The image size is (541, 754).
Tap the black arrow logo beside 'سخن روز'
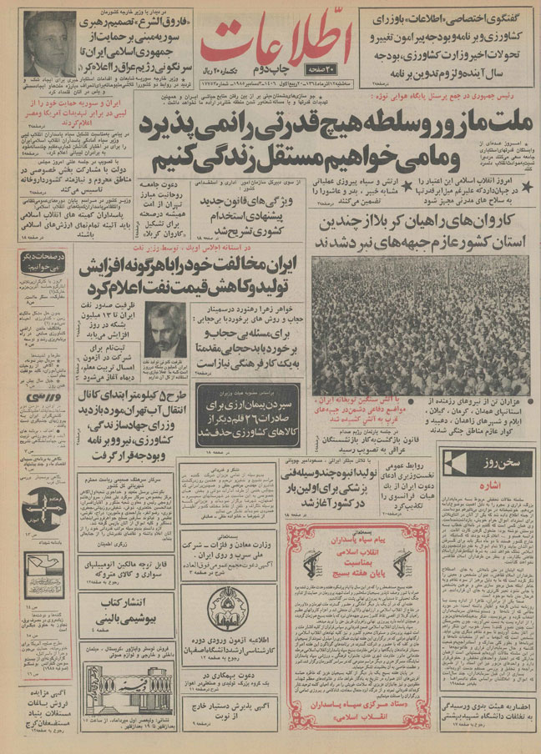click(x=455, y=461)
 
